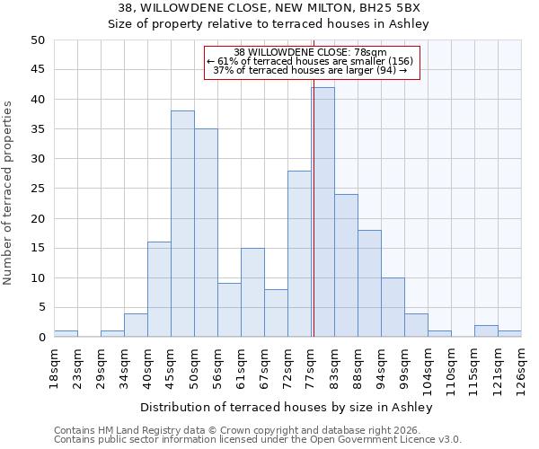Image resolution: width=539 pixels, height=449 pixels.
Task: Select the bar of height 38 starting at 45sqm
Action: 182,224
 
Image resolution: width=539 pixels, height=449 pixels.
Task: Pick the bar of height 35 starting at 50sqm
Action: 206,233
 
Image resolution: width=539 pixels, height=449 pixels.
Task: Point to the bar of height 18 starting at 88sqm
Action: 369,284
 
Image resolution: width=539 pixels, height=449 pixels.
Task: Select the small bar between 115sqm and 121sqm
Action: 486,331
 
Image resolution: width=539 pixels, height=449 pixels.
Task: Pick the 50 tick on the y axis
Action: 38,40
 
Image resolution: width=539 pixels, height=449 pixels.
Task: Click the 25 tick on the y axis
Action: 38,189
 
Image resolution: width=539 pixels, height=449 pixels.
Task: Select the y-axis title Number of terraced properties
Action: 9,192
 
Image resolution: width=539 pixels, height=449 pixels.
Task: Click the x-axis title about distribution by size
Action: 287,408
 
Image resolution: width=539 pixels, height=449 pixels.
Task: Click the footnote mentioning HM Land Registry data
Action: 234,430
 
